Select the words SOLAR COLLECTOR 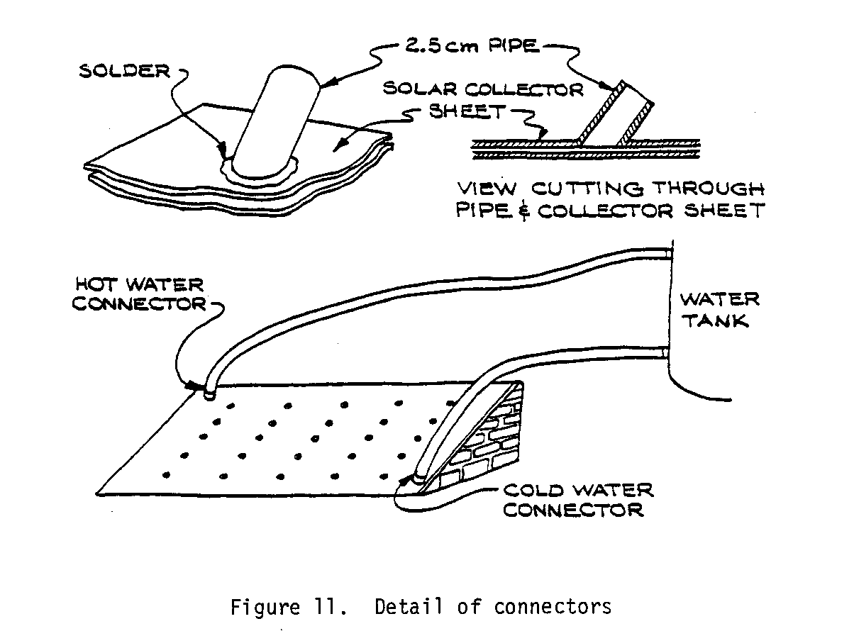point(482,89)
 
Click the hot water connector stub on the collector point(209,392)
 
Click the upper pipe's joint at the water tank point(667,252)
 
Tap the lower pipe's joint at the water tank point(665,351)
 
